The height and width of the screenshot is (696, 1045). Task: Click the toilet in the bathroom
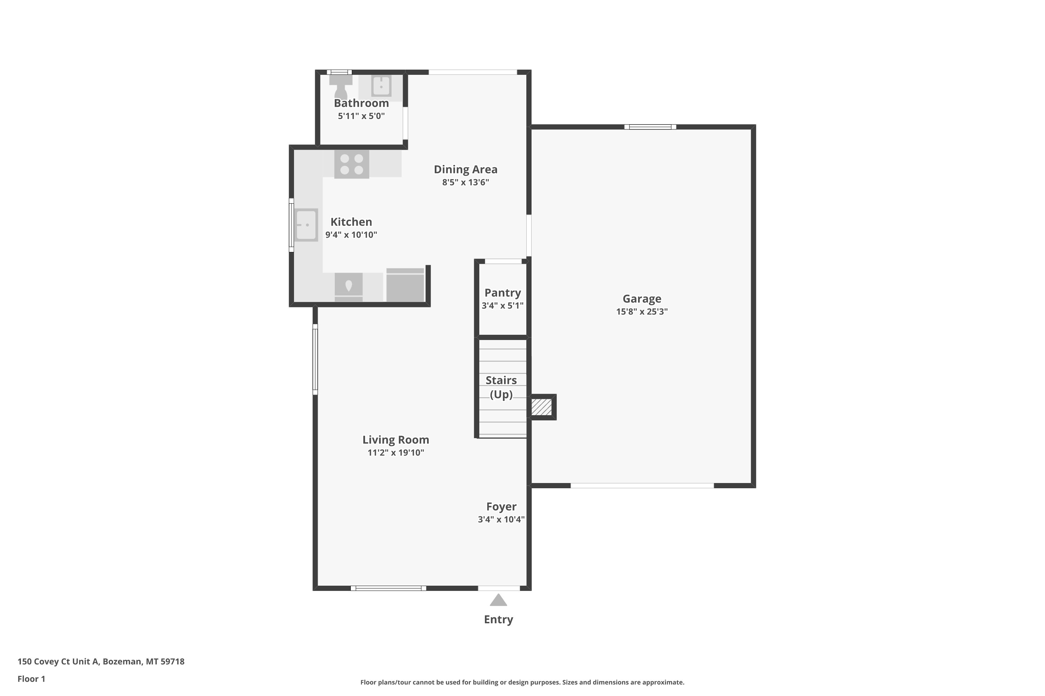(341, 87)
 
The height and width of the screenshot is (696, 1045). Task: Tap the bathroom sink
(381, 86)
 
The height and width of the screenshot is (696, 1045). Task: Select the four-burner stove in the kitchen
(351, 164)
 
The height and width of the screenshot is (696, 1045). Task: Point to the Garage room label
(642, 299)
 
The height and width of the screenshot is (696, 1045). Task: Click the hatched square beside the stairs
(542, 406)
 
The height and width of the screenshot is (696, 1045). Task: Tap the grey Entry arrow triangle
(498, 600)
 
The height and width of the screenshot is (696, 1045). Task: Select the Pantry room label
(503, 293)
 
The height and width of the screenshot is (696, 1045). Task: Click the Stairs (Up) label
(501, 387)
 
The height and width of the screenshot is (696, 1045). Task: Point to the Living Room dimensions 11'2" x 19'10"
(396, 453)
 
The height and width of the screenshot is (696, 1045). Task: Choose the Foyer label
(501, 506)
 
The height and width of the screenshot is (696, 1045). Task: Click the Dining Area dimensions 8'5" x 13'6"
(466, 182)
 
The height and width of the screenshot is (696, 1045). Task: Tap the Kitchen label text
(351, 222)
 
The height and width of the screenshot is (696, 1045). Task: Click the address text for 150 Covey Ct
(101, 662)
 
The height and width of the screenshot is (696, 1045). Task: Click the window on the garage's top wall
(650, 127)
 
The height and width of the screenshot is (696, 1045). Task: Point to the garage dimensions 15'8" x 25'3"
(642, 311)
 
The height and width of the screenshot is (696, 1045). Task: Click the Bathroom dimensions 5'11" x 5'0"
(361, 116)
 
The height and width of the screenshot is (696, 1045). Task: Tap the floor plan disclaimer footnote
(522, 682)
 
